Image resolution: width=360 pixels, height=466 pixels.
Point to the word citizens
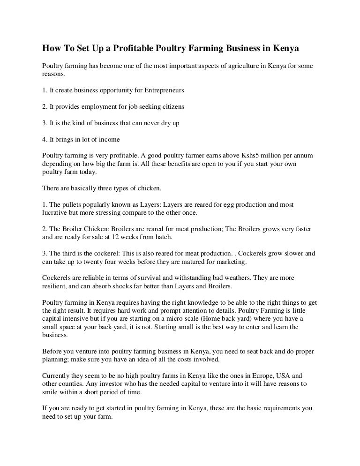click(x=170, y=106)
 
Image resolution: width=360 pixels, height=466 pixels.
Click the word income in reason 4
click(x=109, y=139)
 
